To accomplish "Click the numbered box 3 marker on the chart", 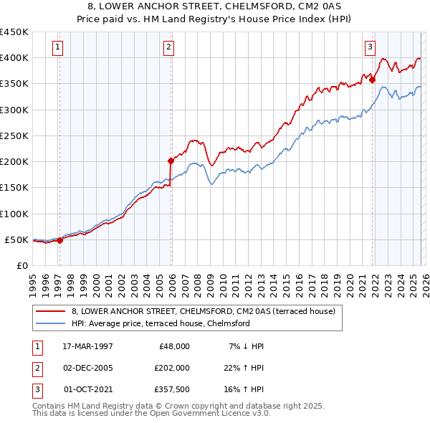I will coord(370,48).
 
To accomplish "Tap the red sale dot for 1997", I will coord(60,241).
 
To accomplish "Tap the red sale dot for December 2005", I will coord(171,161).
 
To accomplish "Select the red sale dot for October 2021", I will coord(372,80).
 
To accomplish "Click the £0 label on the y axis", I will coord(21,265).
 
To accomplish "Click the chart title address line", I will coord(214,6).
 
